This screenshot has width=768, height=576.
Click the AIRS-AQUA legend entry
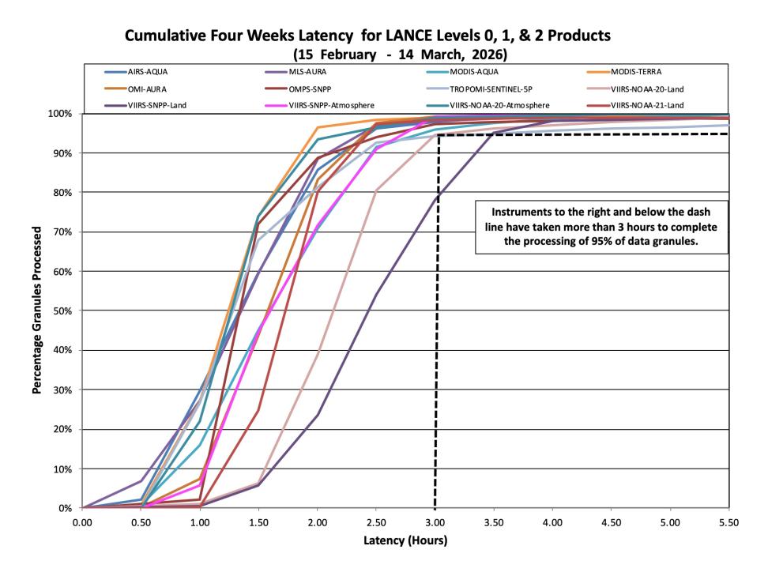pyautogui.click(x=136, y=72)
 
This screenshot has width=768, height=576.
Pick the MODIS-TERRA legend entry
pyautogui.click(x=624, y=72)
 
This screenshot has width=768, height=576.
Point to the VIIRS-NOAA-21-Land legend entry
pyautogui.click(x=634, y=105)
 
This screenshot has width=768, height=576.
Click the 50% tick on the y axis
pyautogui.click(x=62, y=311)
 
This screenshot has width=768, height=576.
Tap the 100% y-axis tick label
pyautogui.click(x=60, y=114)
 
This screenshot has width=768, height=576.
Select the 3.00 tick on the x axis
pyautogui.click(x=435, y=522)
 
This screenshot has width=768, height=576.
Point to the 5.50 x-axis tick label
pyautogui.click(x=728, y=522)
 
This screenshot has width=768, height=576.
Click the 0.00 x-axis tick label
pyautogui.click(x=82, y=522)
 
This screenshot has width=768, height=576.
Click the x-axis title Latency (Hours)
pyautogui.click(x=405, y=540)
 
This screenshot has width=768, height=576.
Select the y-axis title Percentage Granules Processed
pyautogui.click(x=36, y=310)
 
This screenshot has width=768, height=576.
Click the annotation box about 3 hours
pyautogui.click(x=601, y=227)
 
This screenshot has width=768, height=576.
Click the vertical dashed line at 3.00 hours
pyautogui.click(x=437, y=322)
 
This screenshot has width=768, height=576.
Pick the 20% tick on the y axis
pyautogui.click(x=62, y=430)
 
